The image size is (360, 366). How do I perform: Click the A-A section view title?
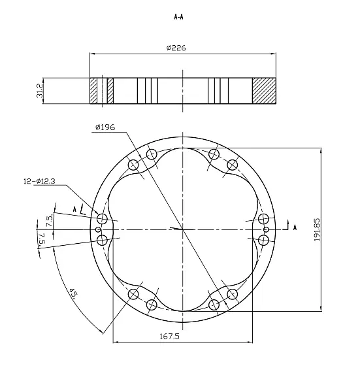[179, 17]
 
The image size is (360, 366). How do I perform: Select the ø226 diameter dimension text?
[176, 48]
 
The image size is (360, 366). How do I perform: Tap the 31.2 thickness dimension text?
[40, 91]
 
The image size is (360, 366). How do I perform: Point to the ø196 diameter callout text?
[105, 127]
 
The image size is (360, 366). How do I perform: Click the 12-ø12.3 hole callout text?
[39, 182]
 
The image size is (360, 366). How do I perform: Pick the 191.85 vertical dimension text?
[317, 229]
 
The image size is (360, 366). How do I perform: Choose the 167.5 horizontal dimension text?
[170, 337]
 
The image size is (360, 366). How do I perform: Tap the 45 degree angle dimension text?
[73, 294]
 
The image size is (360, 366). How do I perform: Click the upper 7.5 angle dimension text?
[50, 221]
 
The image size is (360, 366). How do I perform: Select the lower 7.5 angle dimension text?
[41, 239]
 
